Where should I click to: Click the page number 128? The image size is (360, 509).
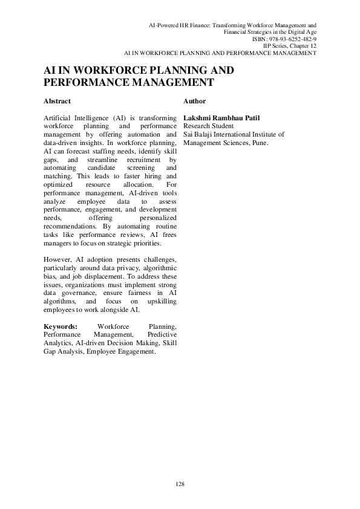(x=180, y=484)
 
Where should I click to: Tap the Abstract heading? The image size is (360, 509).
(x=57, y=101)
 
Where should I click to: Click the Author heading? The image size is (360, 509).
(x=194, y=101)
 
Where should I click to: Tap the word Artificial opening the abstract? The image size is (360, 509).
(x=58, y=117)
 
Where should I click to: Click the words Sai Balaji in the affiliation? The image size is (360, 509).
(x=198, y=135)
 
